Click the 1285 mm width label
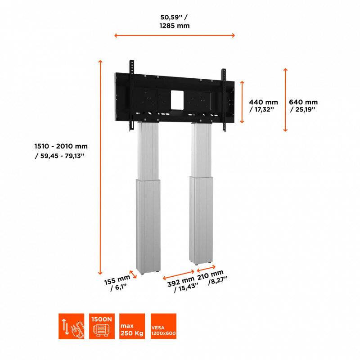(175, 26)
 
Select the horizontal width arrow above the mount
(175, 36)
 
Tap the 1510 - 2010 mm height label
(61, 146)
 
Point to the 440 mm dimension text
(263, 102)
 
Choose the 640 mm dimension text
(303, 102)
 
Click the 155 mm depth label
(117, 280)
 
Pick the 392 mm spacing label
(181, 282)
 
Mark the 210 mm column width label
(210, 274)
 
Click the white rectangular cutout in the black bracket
(177, 100)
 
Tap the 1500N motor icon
(102, 326)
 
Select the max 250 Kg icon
(132, 326)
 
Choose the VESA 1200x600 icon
(163, 326)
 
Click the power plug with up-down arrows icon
(72, 326)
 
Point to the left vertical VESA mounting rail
(131, 95)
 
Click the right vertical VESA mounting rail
(224, 100)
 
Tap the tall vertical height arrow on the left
(100, 167)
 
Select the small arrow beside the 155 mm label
(133, 274)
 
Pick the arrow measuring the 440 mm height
(242, 102)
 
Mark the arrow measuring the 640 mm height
(285, 100)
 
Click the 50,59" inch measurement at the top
(174, 17)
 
